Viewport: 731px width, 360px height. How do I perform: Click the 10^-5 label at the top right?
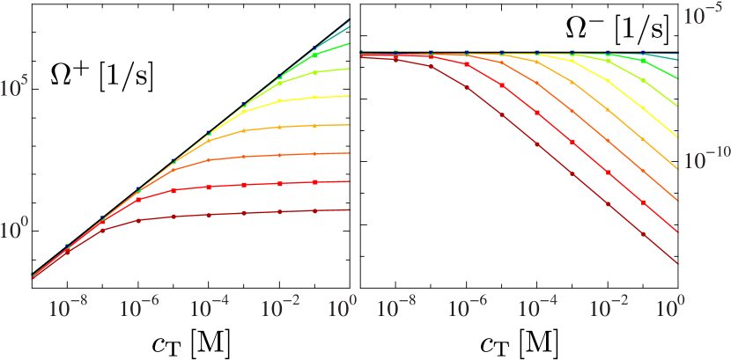[x=705, y=16]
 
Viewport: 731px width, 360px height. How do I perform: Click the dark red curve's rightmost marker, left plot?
[x=315, y=211]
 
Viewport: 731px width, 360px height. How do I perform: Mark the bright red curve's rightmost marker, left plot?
[x=315, y=182]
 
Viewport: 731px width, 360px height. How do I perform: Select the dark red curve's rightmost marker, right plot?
[x=643, y=235]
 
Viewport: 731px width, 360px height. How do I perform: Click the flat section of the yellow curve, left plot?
[x=299, y=99]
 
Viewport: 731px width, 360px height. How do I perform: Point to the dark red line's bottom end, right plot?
[x=676, y=262]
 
